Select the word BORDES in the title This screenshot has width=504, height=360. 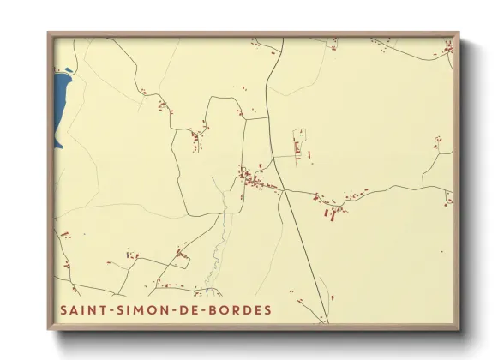pos(239,309)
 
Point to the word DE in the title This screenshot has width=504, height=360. pos(189,309)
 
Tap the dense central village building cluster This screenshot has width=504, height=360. pos(252,179)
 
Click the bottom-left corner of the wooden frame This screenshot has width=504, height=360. pos(50,328)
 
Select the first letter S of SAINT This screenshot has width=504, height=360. pos(63,309)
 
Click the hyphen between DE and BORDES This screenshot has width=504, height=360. pos(204,309)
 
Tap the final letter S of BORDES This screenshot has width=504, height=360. pos(267,309)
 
